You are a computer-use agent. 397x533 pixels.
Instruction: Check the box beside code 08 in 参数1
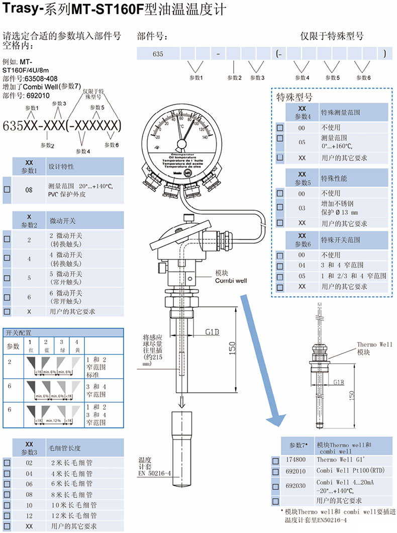click(x=7, y=190)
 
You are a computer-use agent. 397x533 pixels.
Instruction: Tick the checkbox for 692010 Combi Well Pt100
click(x=275, y=472)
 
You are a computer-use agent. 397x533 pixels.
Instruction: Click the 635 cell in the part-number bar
click(x=159, y=53)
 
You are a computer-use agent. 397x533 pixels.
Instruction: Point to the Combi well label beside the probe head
click(x=231, y=280)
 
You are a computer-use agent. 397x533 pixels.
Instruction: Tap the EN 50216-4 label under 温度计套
click(x=155, y=473)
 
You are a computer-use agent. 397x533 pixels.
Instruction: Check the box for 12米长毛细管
click(x=7, y=515)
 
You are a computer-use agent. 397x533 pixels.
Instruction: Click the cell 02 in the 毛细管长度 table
click(x=29, y=462)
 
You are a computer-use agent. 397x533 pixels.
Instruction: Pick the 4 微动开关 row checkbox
click(x=7, y=258)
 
